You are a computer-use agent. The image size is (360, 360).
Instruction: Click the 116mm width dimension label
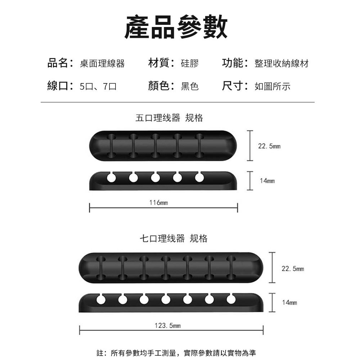tap(158, 203)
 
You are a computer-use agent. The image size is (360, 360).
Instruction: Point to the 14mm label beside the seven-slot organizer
tap(289, 303)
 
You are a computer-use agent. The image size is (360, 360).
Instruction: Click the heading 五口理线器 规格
tap(169, 118)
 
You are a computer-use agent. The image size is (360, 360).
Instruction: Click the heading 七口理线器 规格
tap(174, 238)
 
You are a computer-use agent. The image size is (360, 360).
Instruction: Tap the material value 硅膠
tap(190, 64)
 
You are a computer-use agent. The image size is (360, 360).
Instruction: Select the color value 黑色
tap(190, 86)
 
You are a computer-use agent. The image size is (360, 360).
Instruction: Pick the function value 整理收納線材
tap(281, 64)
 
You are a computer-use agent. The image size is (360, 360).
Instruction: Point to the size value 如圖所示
tap(272, 86)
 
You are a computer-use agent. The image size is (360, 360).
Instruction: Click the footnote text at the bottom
tap(177, 352)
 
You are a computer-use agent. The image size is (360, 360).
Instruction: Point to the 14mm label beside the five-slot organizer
tap(267, 181)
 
